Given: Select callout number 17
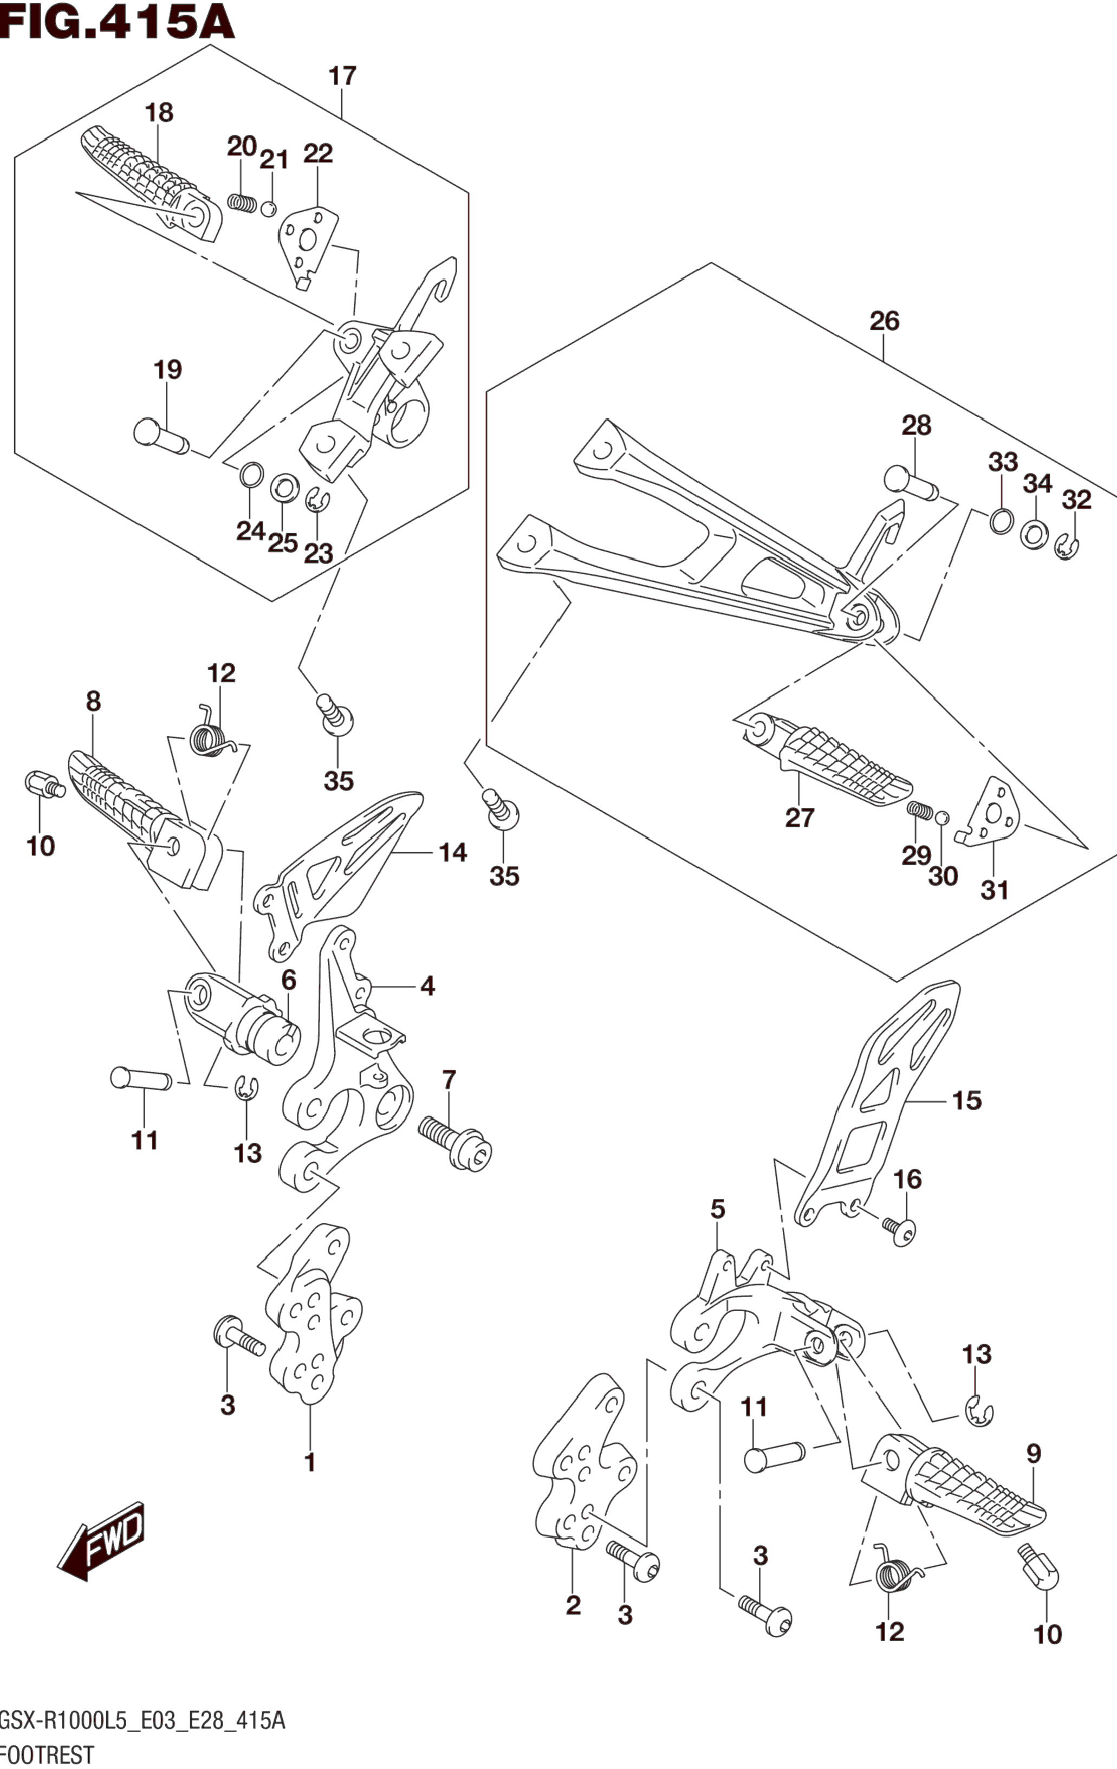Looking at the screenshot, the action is pos(342,76).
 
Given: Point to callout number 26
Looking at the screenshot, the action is pos(884,321).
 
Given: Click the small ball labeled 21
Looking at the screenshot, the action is pos(269,209).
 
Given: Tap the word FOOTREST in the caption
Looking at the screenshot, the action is pos(47,1754).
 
